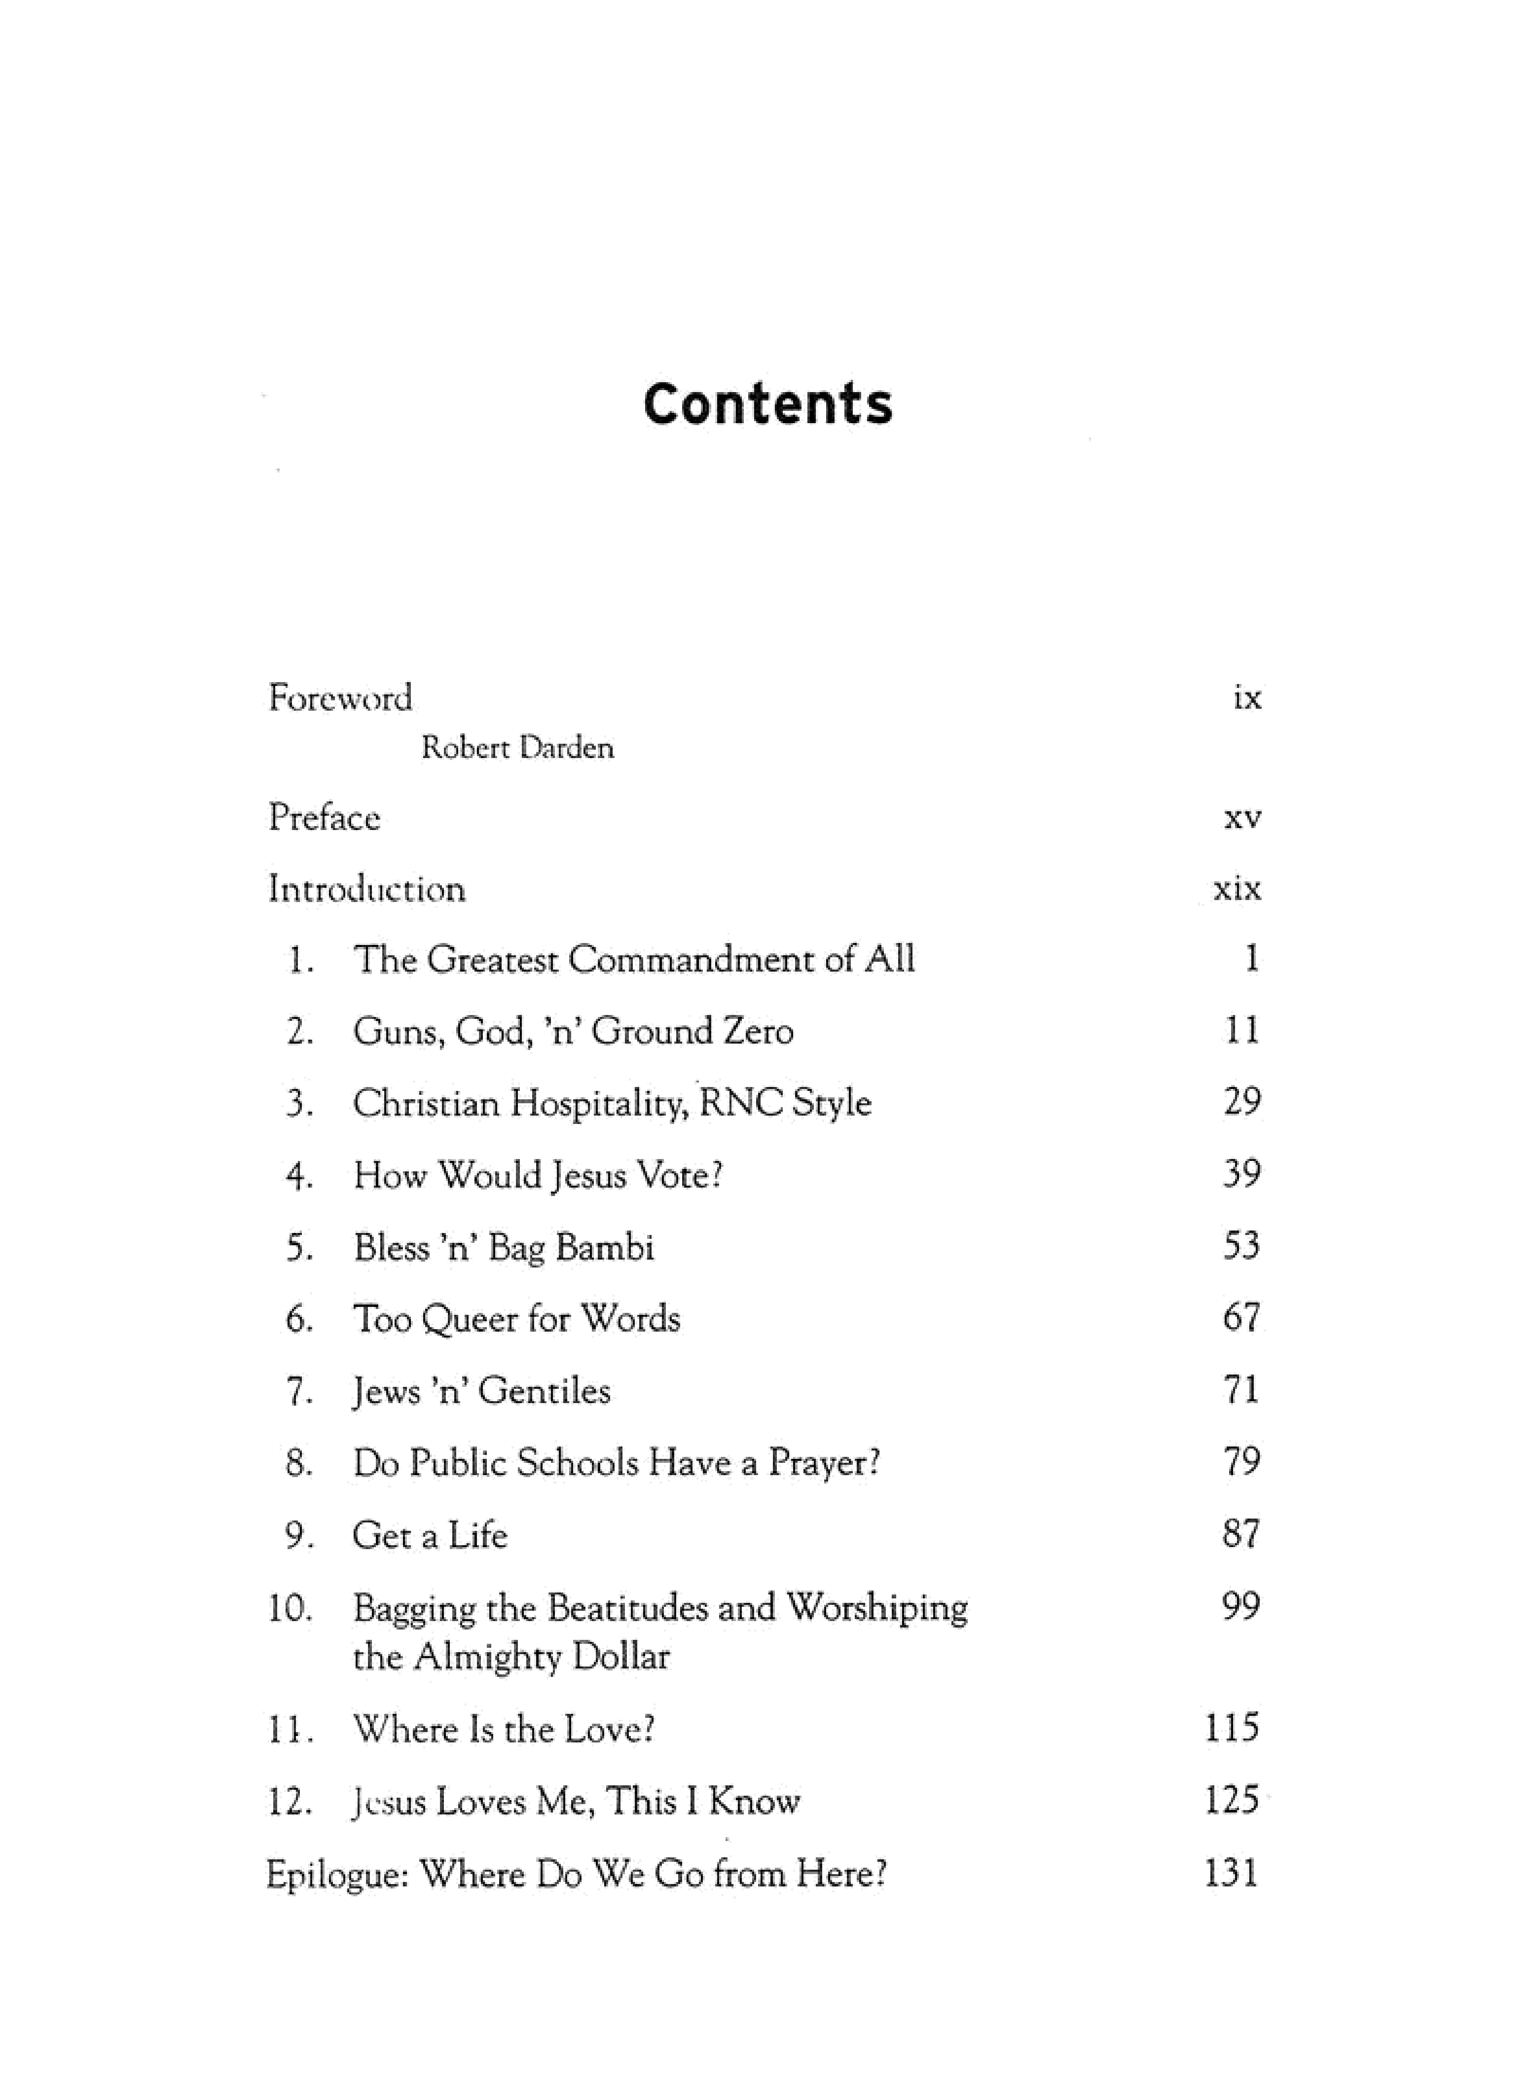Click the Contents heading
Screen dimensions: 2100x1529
click(768, 404)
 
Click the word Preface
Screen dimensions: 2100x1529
click(324, 818)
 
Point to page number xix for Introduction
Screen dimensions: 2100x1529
click(1238, 889)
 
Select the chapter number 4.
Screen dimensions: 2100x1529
click(298, 1176)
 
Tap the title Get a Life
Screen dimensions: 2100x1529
click(430, 1535)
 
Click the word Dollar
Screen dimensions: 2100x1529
click(620, 1657)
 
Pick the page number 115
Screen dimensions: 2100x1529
click(1232, 1728)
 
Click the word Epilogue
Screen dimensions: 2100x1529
click(337, 1874)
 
